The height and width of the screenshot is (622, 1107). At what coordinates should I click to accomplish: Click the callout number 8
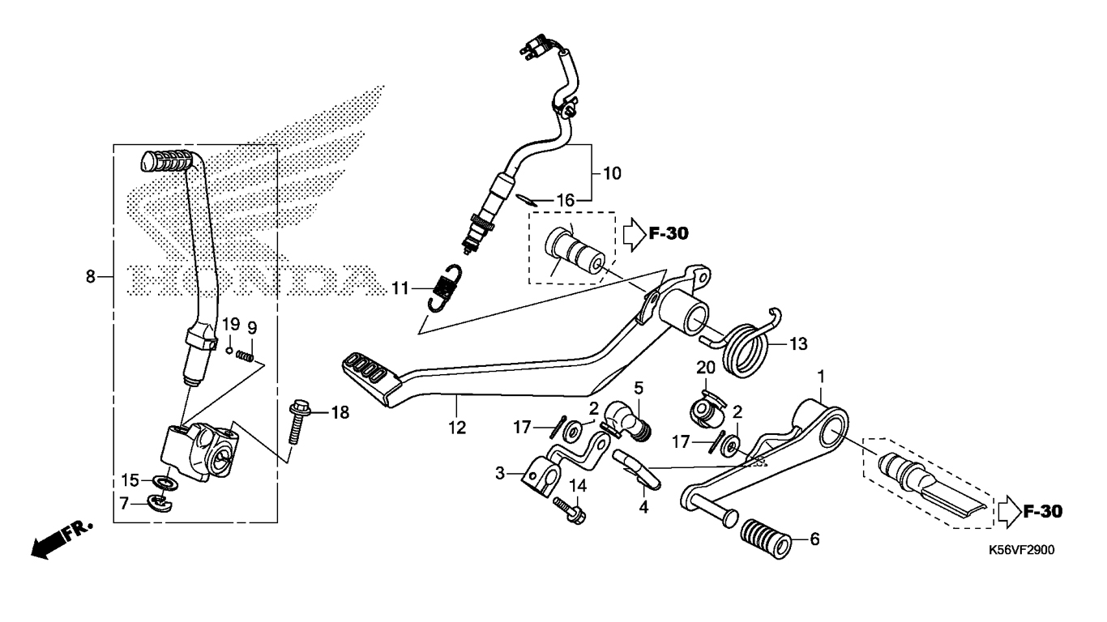click(91, 277)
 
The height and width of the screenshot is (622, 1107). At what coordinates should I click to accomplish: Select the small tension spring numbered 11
click(445, 288)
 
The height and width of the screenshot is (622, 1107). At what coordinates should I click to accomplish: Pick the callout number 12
click(457, 428)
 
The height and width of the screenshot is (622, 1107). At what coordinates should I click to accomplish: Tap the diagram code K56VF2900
click(1022, 551)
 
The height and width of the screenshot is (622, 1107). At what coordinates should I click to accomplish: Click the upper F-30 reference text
click(669, 233)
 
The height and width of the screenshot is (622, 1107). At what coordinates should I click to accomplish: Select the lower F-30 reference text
click(1043, 511)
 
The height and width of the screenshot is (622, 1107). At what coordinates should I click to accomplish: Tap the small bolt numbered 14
click(570, 510)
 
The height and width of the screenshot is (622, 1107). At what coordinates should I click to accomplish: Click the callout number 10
click(613, 173)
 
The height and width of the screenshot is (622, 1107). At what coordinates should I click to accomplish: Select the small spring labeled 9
click(245, 355)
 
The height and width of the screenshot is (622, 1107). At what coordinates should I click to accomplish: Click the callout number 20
click(706, 368)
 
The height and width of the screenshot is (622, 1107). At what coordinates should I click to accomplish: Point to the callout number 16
click(566, 200)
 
